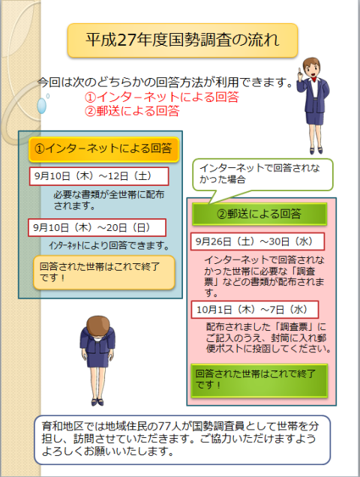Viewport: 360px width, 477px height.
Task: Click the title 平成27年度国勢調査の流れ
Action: click(182, 40)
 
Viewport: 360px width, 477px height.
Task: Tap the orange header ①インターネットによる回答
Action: click(103, 149)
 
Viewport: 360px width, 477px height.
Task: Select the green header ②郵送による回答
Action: click(259, 214)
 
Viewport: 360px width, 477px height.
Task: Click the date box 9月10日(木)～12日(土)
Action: click(99, 176)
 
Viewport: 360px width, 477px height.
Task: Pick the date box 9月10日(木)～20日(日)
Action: click(97, 227)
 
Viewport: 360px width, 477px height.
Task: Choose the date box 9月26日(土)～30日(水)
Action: click(257, 241)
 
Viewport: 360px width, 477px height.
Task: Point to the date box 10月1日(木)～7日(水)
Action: click(255, 310)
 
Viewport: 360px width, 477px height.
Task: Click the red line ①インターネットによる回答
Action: click(161, 97)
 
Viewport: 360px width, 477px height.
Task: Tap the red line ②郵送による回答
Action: click(132, 111)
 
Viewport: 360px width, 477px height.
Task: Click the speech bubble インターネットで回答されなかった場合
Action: click(262, 175)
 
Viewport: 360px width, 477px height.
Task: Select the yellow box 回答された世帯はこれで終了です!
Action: click(104, 272)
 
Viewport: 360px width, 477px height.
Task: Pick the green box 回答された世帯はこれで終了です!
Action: click(259, 380)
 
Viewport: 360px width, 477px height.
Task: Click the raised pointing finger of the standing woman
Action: click(300, 73)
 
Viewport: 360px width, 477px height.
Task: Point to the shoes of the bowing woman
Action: click(97, 402)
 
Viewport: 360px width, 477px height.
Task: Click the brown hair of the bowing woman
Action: click(97, 325)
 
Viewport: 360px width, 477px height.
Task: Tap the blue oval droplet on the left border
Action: click(41, 106)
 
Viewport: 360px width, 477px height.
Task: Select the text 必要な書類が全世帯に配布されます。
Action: click(109, 200)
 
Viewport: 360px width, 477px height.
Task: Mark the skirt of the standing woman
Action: click(314, 118)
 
